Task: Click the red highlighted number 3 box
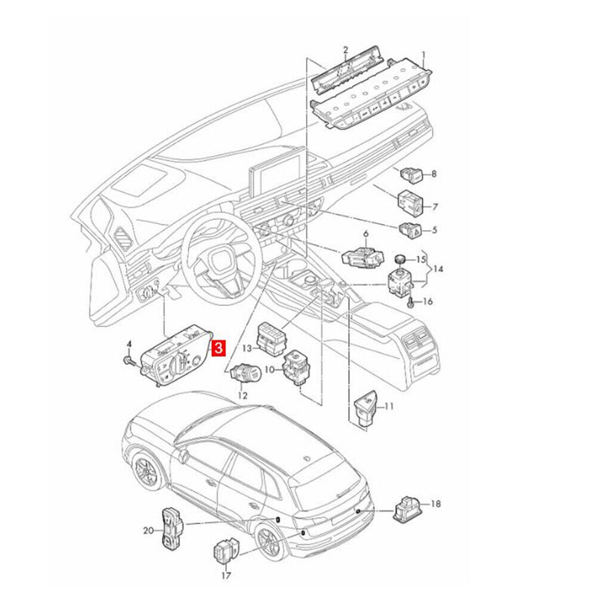tap(219, 348)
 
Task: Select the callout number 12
tap(242, 396)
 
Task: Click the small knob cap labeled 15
tap(399, 259)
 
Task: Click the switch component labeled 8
tap(411, 174)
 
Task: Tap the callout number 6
tap(366, 234)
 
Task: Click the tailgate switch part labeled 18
tap(407, 510)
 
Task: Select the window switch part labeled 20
tap(172, 528)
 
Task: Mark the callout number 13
tap(247, 348)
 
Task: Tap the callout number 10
tap(269, 369)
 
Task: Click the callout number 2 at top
tap(346, 50)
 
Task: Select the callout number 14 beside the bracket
tap(438, 269)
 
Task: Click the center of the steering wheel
tap(221, 259)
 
